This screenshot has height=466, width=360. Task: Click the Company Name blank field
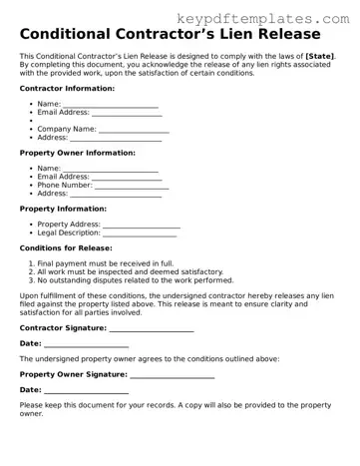[x=134, y=129]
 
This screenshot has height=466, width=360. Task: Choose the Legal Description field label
[x=69, y=233]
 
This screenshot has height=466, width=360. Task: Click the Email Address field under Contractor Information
[x=127, y=113]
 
